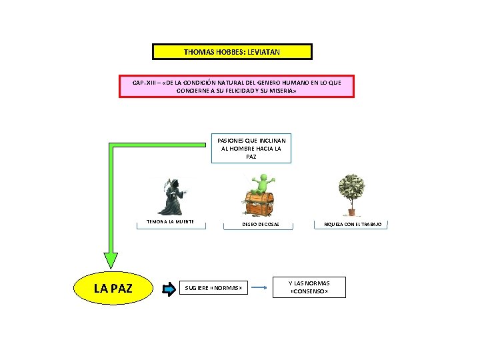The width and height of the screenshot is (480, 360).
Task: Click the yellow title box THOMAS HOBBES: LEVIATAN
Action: point(232,52)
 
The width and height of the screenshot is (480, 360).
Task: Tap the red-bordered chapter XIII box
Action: point(237,86)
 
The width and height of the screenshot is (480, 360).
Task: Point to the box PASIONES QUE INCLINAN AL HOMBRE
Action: point(251,149)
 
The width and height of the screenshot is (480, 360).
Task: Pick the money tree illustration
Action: point(350,193)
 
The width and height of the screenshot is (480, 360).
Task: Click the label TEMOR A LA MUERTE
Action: point(171,222)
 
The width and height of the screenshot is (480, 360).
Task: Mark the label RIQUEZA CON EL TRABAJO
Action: point(353,225)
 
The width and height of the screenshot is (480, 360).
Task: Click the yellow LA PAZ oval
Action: point(113,289)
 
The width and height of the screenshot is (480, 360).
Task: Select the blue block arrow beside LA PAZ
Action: point(167,289)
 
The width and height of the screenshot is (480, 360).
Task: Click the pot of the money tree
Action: point(351,213)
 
